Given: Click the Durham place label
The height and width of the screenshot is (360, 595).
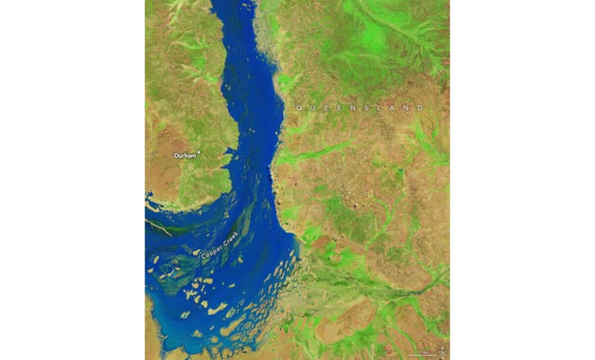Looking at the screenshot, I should click(185, 156).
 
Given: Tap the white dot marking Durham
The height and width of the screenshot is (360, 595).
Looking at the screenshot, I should click(200, 153).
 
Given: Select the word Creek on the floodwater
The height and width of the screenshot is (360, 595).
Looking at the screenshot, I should click(232, 237).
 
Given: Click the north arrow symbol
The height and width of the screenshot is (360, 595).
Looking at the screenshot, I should click(441, 351).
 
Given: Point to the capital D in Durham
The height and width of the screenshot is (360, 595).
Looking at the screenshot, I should click(176, 156).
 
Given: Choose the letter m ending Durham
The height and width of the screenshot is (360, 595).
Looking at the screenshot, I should click(194, 156).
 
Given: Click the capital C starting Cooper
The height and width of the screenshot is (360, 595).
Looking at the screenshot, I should click(204, 260).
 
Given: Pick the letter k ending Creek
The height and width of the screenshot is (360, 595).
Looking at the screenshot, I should click(239, 231).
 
